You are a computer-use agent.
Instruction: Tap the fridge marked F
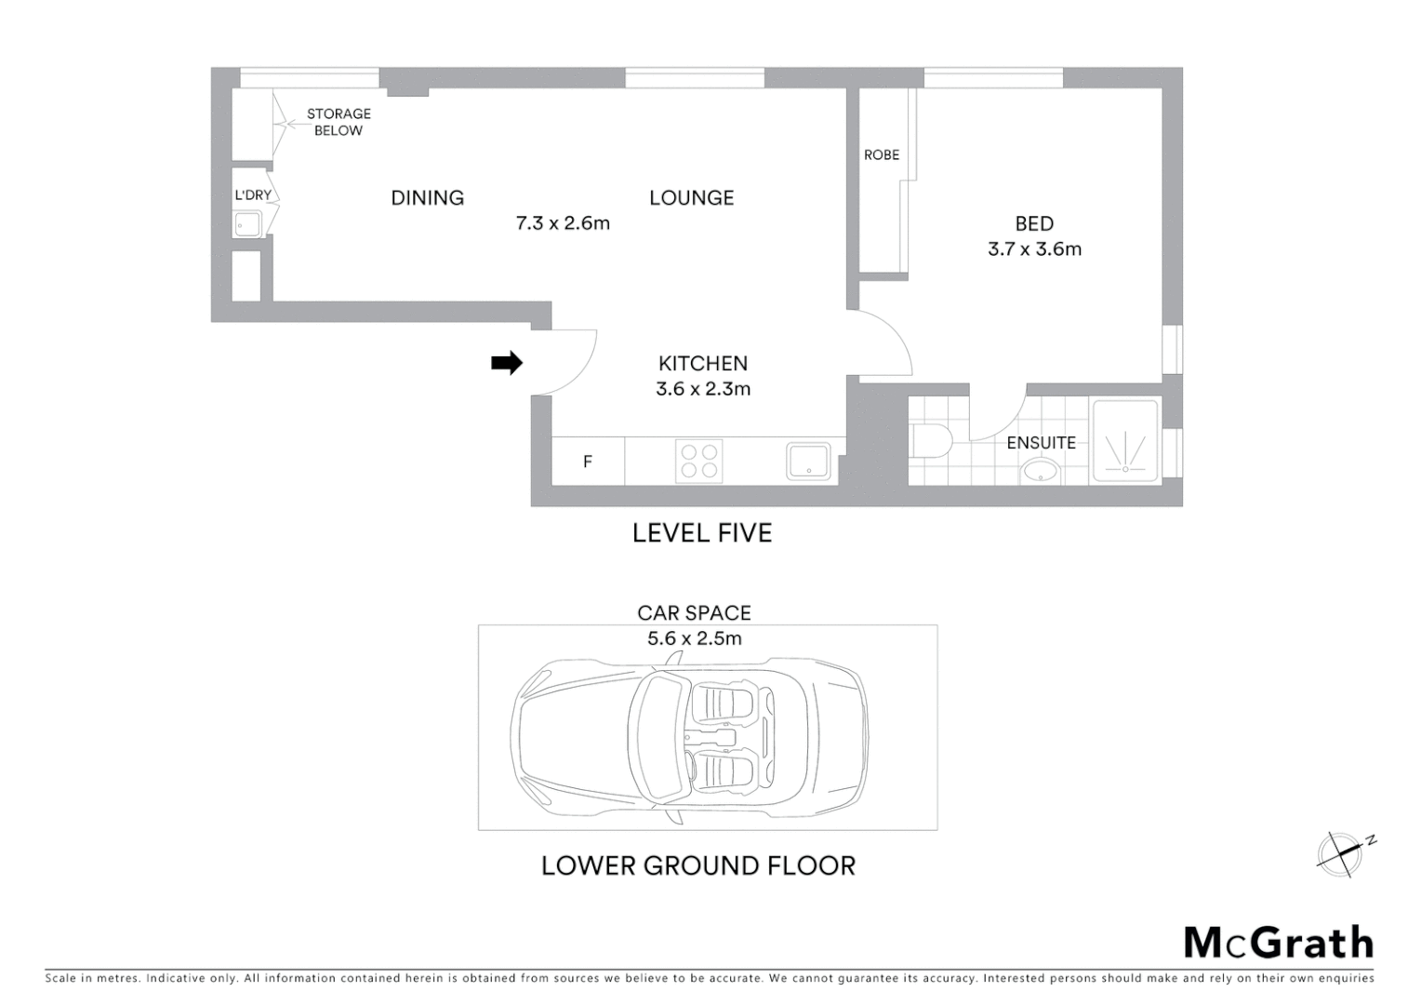click(588, 462)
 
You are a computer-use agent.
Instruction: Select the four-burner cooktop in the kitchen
click(699, 462)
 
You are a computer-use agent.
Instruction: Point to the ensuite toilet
click(927, 441)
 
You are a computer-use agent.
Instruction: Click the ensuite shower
click(1125, 441)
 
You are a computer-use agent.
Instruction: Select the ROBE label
click(882, 155)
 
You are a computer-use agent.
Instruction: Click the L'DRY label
click(252, 195)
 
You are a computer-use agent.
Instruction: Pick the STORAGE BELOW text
click(339, 122)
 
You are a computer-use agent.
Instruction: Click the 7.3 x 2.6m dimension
click(563, 223)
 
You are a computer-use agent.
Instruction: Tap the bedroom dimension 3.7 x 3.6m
click(1034, 249)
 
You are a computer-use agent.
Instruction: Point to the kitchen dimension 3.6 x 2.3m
click(703, 389)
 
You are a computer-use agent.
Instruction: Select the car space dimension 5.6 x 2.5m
click(695, 638)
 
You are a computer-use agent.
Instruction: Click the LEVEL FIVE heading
click(702, 533)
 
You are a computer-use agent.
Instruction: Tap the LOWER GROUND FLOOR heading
click(698, 865)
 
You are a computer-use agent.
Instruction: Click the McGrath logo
click(1278, 943)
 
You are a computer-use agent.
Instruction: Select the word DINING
click(427, 198)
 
